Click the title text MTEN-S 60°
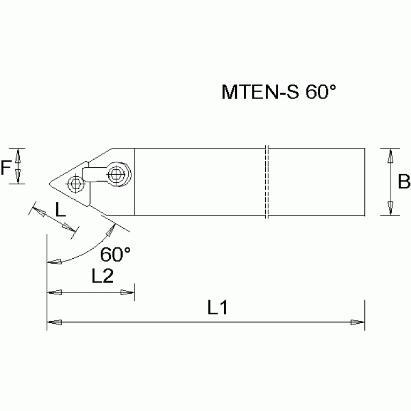(x=278, y=92)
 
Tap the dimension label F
(x=5, y=169)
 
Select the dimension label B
(x=403, y=182)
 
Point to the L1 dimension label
(x=218, y=308)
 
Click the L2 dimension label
(x=102, y=277)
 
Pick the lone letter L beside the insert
(x=61, y=210)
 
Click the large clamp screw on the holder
(x=117, y=174)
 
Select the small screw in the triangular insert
(x=75, y=184)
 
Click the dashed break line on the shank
(x=266, y=182)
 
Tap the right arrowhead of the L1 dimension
(x=358, y=322)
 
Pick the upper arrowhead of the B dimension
(x=391, y=155)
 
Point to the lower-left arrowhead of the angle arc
(x=54, y=262)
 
